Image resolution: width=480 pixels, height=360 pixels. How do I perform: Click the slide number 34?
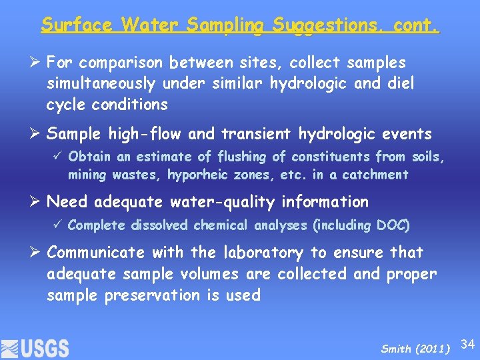468,344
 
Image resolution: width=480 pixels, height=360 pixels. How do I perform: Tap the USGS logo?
35,348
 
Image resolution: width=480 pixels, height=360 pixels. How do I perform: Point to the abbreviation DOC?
395,225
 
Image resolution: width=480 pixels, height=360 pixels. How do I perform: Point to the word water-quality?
184,202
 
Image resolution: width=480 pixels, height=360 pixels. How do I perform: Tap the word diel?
398,84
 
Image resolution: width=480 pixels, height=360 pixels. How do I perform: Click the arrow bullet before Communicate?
37,253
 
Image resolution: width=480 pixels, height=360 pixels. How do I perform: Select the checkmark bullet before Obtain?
59,157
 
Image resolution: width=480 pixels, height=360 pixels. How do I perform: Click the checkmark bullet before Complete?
59,225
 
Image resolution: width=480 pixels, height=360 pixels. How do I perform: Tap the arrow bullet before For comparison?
37,63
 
